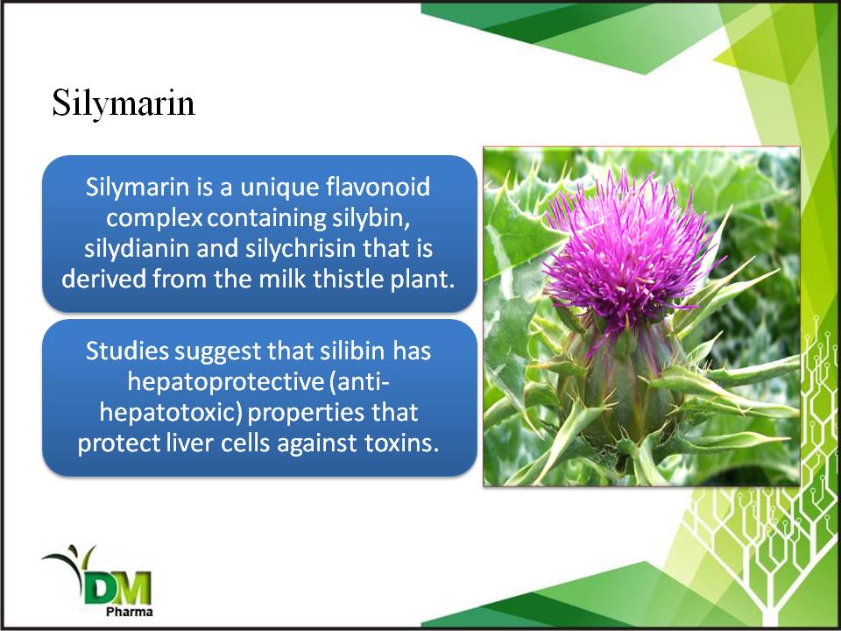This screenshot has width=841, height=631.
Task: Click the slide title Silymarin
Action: tap(124, 104)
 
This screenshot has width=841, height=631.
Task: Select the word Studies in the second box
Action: tap(128, 351)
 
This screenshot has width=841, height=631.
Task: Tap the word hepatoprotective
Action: tap(224, 382)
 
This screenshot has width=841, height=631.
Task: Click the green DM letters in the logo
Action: tap(118, 587)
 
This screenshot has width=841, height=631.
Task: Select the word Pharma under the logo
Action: tap(130, 612)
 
